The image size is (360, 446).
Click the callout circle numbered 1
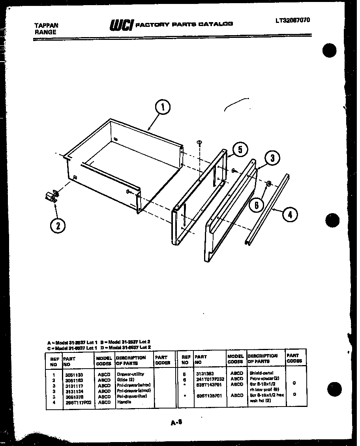tap(163, 107)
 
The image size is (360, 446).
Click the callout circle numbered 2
tap(58, 225)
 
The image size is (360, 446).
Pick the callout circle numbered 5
tap(240, 150)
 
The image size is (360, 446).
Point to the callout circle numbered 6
tap(257, 205)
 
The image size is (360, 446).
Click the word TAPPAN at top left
tap(46, 26)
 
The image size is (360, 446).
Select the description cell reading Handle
tap(124, 402)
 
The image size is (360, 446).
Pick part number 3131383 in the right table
tap(204, 373)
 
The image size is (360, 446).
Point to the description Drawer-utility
tap(131, 374)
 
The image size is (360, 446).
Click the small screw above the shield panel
tap(199, 142)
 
